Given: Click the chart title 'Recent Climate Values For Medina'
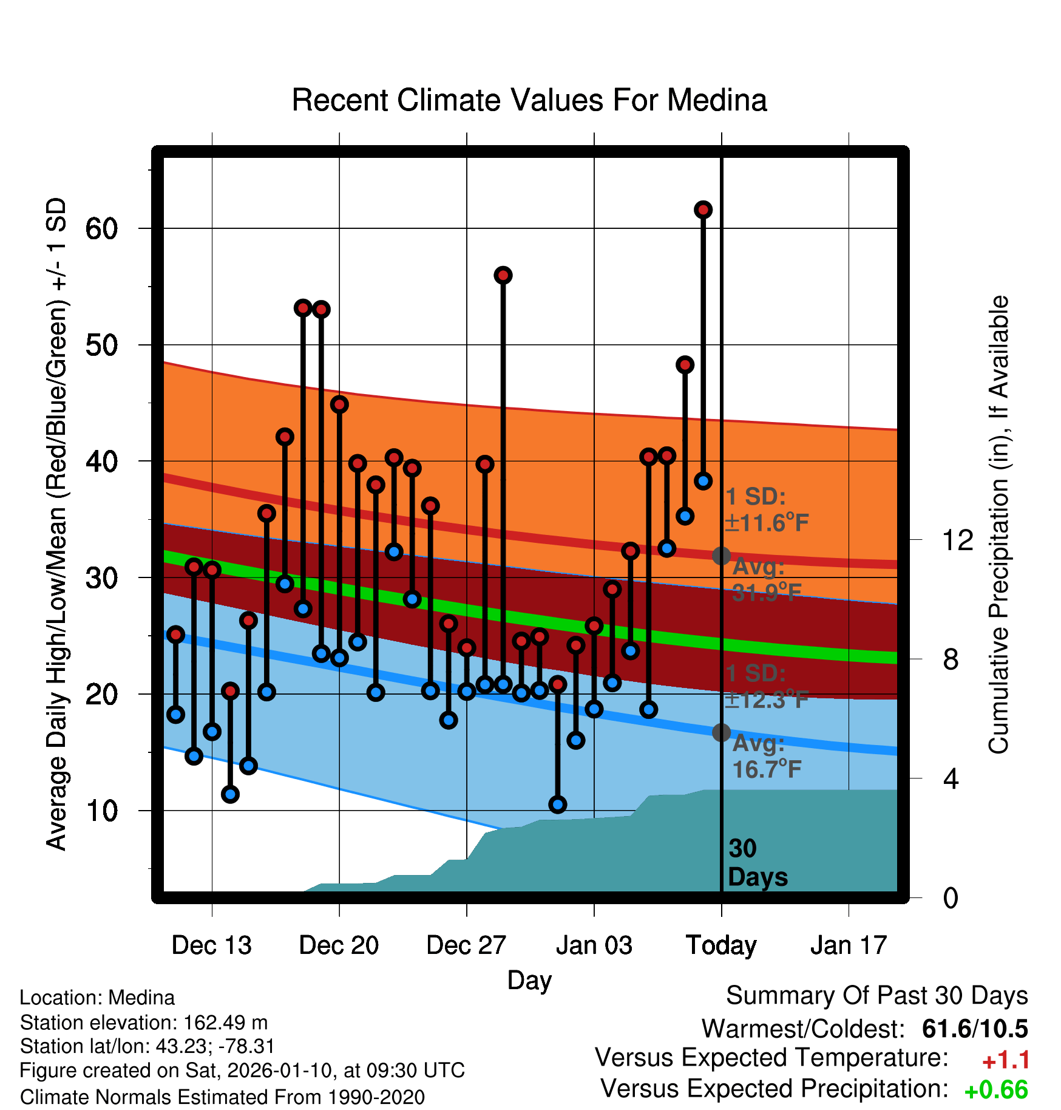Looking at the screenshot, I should click(529, 100).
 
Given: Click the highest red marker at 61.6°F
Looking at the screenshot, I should click(703, 209).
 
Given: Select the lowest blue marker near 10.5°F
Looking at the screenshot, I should click(558, 805).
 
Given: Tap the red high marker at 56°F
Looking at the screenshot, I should click(503, 275).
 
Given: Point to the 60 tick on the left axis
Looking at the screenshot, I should click(101, 229).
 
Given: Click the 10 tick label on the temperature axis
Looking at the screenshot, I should click(101, 811).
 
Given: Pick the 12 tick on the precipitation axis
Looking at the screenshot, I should click(957, 540).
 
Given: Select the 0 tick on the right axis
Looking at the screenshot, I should click(951, 897).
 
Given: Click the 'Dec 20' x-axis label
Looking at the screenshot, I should click(339, 945).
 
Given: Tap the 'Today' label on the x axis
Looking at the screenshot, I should click(721, 945).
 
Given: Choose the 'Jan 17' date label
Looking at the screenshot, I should click(849, 945).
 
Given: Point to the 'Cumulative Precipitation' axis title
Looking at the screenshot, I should click(998, 525).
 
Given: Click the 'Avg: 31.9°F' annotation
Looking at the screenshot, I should click(766, 580).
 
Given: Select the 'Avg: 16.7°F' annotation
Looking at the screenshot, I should click(766, 757).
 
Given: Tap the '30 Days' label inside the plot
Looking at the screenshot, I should click(757, 863).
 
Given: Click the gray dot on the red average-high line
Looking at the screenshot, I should click(721, 556).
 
